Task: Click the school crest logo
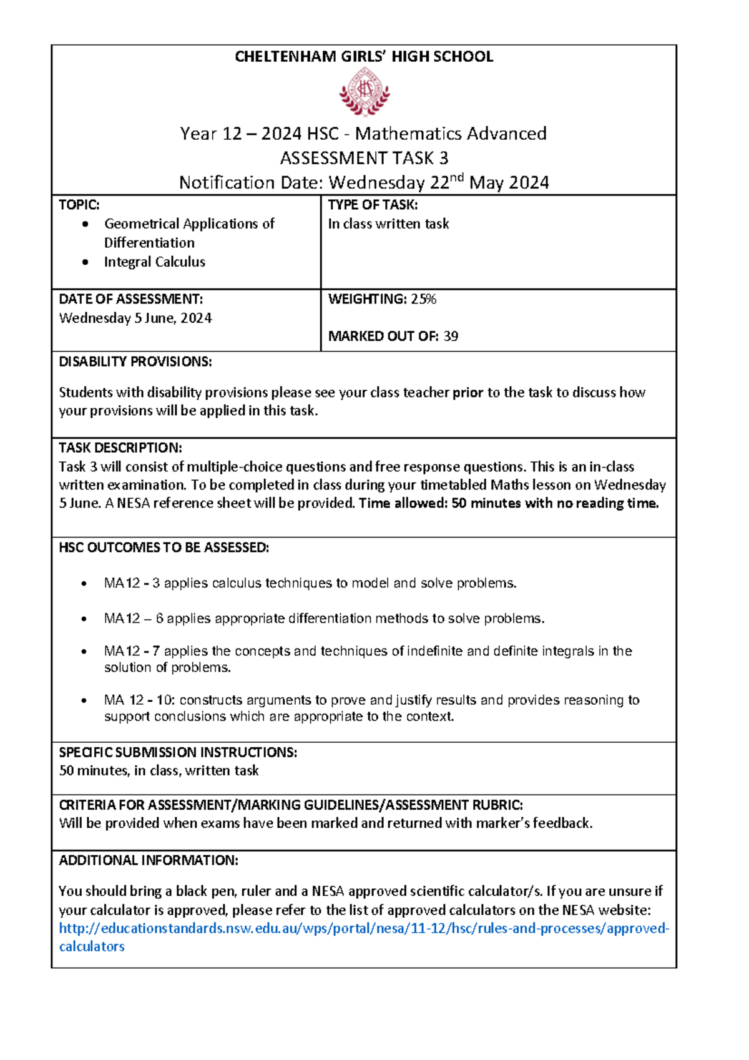(x=365, y=92)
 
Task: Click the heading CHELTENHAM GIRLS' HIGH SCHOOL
(x=364, y=57)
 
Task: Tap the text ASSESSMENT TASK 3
(x=364, y=158)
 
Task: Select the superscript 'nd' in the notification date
(x=457, y=178)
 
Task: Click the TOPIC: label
(x=79, y=205)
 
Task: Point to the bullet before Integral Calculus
(x=86, y=262)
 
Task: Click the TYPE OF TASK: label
(x=373, y=205)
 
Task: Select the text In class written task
(x=388, y=224)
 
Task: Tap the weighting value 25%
(x=423, y=299)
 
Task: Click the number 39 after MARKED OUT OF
(x=451, y=336)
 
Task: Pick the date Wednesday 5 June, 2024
(x=135, y=318)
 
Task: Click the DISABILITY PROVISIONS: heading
(x=135, y=361)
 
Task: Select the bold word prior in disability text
(x=468, y=393)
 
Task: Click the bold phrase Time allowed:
(x=403, y=503)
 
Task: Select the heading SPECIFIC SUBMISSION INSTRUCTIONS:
(x=178, y=752)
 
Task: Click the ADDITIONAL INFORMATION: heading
(x=148, y=860)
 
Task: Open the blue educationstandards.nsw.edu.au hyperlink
(x=364, y=928)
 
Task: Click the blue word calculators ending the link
(x=92, y=946)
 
